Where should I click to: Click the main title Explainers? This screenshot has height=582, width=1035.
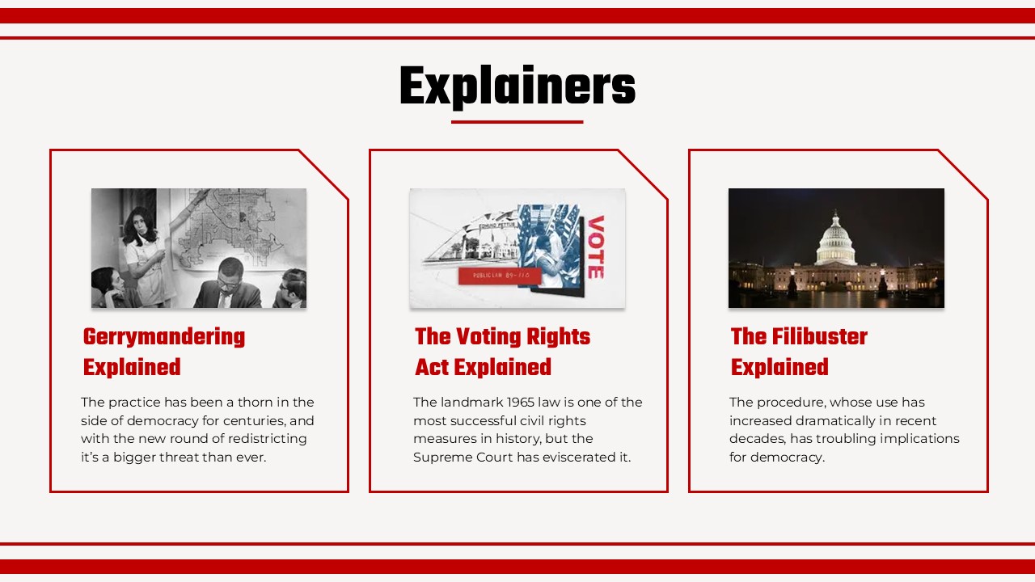pyautogui.click(x=517, y=86)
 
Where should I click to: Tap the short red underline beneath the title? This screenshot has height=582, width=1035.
pyautogui.click(x=517, y=122)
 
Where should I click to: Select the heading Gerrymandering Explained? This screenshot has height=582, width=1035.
pyautogui.click(x=163, y=352)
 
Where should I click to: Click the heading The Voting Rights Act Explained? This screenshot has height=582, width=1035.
pyautogui.click(x=502, y=352)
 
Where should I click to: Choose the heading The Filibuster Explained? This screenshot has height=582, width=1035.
pyautogui.click(x=798, y=352)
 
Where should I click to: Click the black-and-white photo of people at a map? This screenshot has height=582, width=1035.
pyautogui.click(x=199, y=248)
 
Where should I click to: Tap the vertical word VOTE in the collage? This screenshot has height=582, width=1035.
pyautogui.click(x=594, y=247)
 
